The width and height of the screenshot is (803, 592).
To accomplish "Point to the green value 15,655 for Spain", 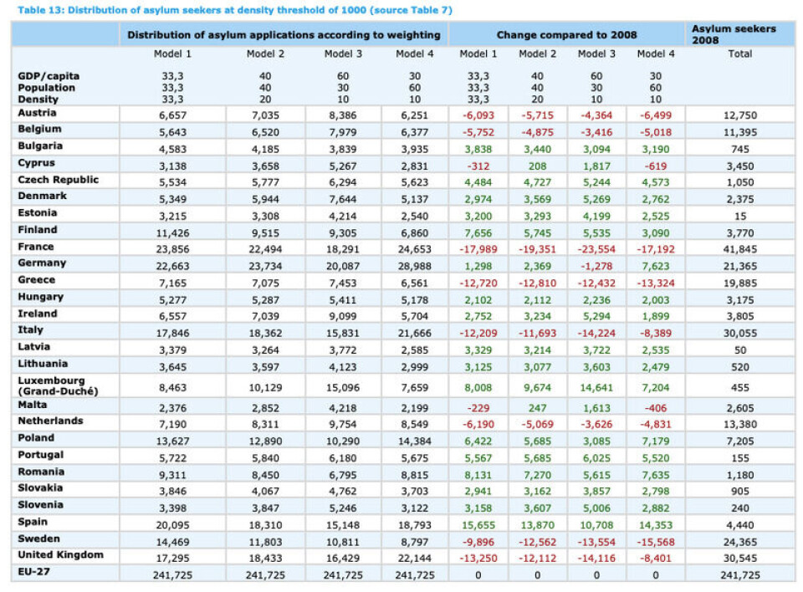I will (x=478, y=524).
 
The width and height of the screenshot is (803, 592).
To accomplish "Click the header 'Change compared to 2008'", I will (x=566, y=35).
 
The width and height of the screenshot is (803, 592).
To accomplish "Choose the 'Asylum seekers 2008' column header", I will (x=733, y=34).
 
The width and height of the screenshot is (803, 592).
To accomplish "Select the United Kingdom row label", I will (x=60, y=555).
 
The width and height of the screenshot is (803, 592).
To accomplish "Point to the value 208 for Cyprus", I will (x=537, y=165).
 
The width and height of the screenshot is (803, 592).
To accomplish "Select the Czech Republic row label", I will (x=58, y=180).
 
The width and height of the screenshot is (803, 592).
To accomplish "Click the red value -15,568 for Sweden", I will (x=655, y=541).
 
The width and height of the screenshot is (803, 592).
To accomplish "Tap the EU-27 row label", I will (x=35, y=572).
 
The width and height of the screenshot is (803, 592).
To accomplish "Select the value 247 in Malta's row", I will (x=537, y=408).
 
